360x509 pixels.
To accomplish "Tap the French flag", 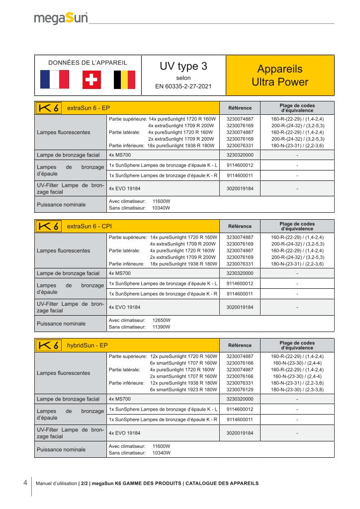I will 54,79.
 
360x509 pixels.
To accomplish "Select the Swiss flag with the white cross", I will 90,79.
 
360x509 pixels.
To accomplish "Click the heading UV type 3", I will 183,67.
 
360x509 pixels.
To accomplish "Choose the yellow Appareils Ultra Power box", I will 280,76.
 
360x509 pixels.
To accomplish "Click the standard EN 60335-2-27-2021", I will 183,86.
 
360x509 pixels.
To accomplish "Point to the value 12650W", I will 161,320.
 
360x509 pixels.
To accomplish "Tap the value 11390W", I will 161,327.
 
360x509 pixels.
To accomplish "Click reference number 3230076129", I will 240,390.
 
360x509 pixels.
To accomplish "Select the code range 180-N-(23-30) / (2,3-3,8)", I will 297,390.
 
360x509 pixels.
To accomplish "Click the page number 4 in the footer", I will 25,483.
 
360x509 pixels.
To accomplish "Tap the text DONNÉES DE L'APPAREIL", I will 88,63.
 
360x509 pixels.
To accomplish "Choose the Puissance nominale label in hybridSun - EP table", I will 60,450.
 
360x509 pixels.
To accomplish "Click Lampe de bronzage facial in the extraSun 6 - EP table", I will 68,155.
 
